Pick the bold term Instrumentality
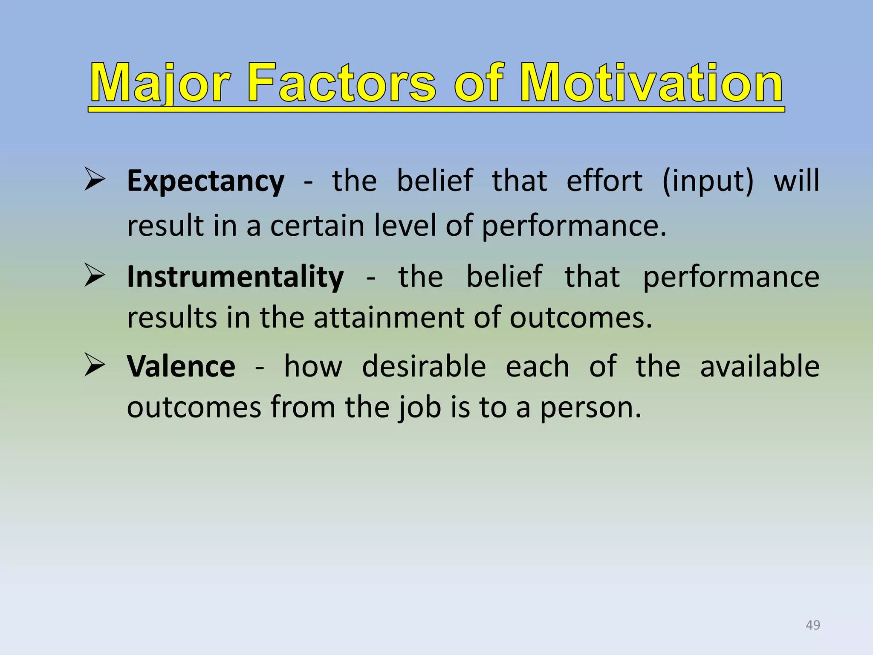(235, 277)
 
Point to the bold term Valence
(181, 367)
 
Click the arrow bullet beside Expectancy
(95, 180)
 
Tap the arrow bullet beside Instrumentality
(95, 275)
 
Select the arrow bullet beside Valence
(95, 365)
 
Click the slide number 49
(812, 625)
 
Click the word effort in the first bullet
(604, 181)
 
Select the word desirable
(424, 367)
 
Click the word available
(760, 367)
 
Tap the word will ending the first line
(796, 181)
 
